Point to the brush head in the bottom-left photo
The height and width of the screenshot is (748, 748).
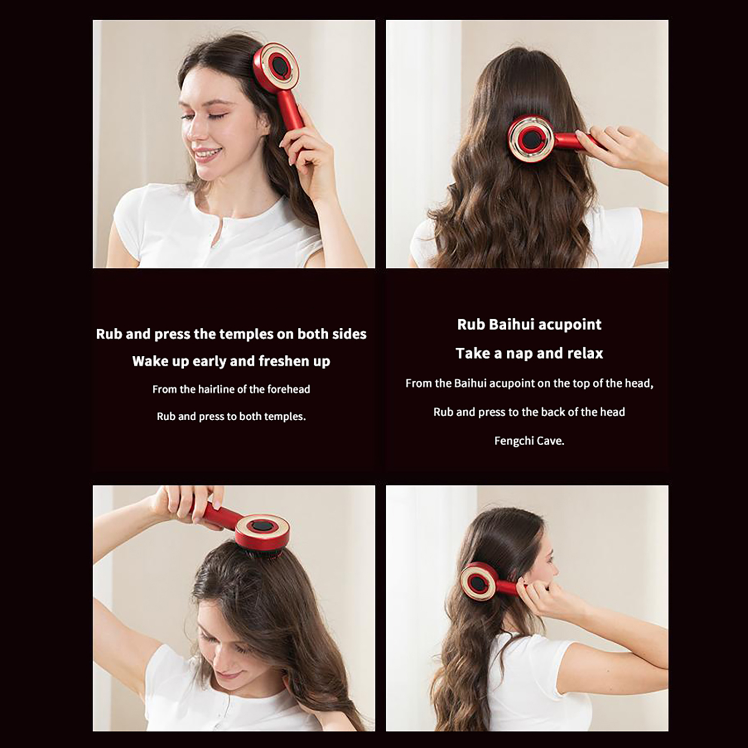pyautogui.click(x=262, y=535)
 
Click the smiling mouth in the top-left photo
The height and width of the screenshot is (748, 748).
pyautogui.click(x=207, y=154)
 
